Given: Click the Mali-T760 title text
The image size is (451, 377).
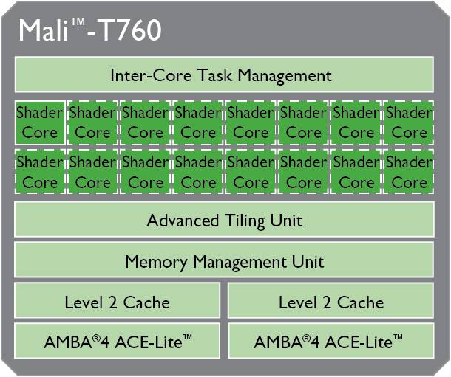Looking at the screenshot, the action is tap(90, 30).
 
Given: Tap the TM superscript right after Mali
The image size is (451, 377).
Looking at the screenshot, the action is tap(78, 22).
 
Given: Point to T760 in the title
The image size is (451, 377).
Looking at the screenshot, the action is tap(130, 30).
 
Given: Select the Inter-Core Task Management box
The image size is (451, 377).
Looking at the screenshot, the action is tap(224, 75).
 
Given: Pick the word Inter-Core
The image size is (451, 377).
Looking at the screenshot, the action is tap(151, 75).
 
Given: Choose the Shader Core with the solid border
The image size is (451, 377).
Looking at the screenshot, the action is tap(40, 122).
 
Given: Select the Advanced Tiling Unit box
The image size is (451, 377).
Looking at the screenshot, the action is tap(224, 220).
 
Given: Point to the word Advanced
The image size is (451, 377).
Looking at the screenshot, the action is tap(183, 221).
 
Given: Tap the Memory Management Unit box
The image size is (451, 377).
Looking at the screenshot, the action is tap(224, 260).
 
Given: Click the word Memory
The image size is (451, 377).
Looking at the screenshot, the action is tap(155, 262).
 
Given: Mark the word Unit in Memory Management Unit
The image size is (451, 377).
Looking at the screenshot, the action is tap(308, 261).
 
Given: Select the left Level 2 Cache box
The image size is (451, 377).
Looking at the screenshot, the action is tap(117, 300).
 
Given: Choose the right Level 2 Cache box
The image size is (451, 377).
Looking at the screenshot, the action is tap(330, 300).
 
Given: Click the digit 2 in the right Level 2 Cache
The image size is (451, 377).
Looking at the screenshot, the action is tap(327, 302).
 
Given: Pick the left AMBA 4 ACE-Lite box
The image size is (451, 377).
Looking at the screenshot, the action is tap(117, 341).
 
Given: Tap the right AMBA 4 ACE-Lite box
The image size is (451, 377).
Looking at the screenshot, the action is tap(330, 341).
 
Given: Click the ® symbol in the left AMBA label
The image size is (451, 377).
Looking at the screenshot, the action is tap(96, 339).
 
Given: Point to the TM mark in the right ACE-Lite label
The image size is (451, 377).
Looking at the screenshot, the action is tap(398, 337).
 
